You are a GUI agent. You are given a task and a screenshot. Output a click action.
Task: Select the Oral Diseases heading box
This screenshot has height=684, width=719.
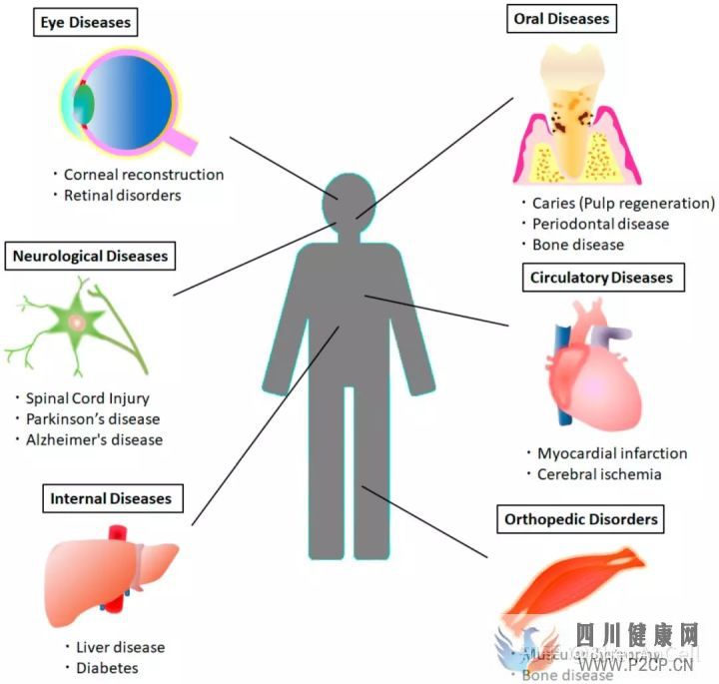coord(561,19)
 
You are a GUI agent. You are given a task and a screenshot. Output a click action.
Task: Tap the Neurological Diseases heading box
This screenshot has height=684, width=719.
coord(91,257)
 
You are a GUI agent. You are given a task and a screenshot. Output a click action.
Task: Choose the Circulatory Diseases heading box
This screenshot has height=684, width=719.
coord(602,278)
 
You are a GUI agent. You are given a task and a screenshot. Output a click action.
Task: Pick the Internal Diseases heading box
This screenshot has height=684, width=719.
coord(111,497)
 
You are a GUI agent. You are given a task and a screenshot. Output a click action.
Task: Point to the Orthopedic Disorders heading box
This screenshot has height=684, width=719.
coord(580,519)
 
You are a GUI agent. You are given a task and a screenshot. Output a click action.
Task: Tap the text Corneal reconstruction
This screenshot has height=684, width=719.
coord(143,175)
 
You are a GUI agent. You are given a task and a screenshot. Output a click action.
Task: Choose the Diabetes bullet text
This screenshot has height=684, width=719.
coord(107,668)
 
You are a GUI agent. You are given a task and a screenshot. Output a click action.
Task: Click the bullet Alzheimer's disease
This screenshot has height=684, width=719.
coord(101,439)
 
